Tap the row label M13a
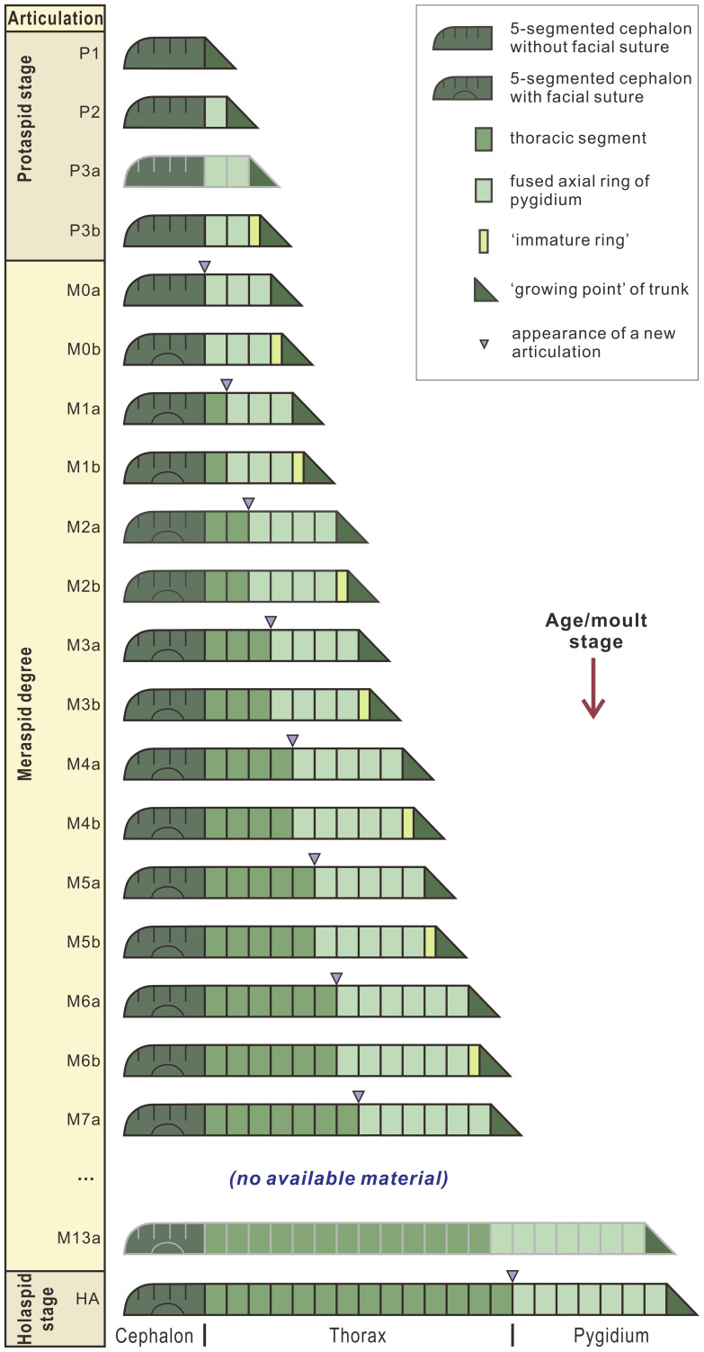click(86, 1237)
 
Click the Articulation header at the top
click(54, 17)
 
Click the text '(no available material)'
click(339, 1177)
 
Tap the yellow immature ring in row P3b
click(254, 230)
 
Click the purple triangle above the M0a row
click(205, 266)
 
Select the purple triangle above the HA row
click(512, 1275)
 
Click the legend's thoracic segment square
click(484, 139)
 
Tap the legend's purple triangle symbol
click(484, 343)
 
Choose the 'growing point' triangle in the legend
click(484, 290)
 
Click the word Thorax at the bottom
click(358, 1336)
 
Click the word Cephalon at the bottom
click(155, 1336)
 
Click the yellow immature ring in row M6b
click(474, 1060)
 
